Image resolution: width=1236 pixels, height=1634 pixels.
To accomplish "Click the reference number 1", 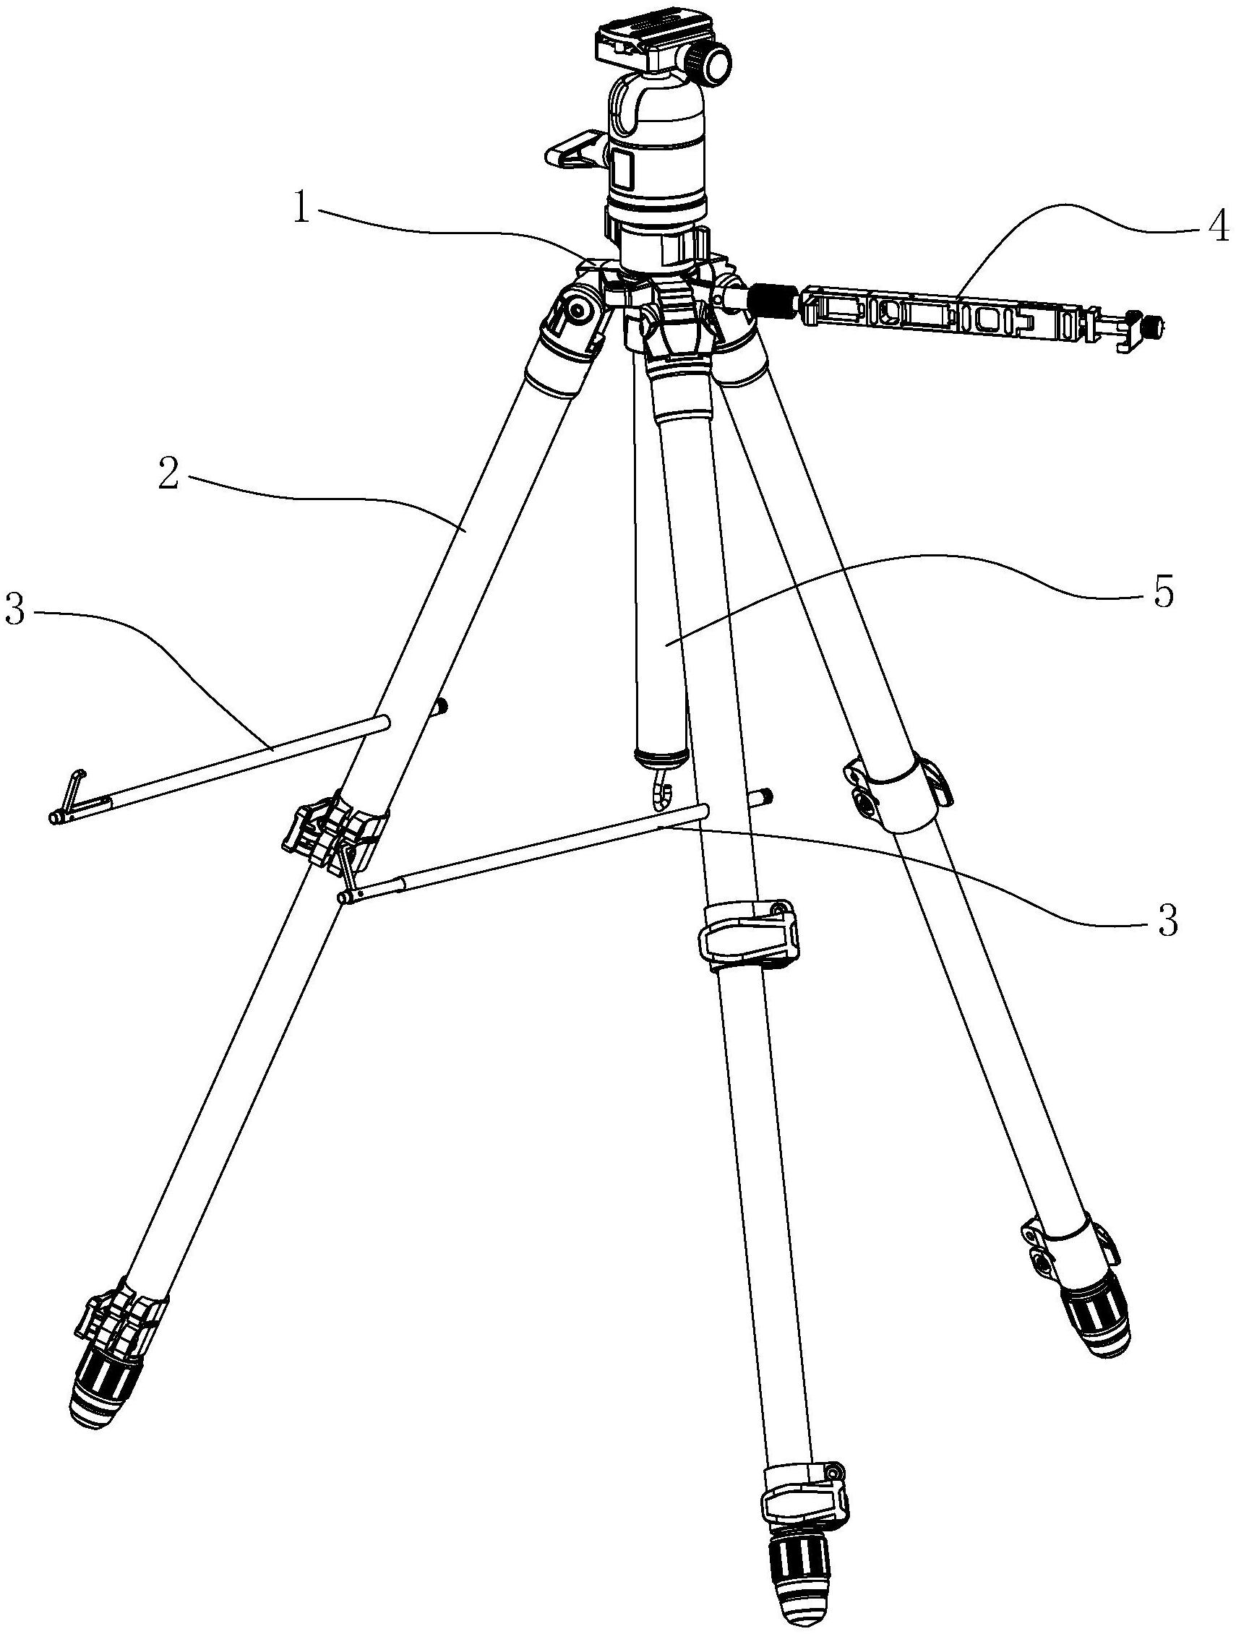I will pyautogui.click(x=300, y=209).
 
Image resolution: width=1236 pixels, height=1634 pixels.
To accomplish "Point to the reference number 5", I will pyautogui.click(x=1163, y=593).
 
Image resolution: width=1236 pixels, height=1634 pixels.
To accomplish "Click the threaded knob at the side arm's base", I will pyautogui.click(x=773, y=301).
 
